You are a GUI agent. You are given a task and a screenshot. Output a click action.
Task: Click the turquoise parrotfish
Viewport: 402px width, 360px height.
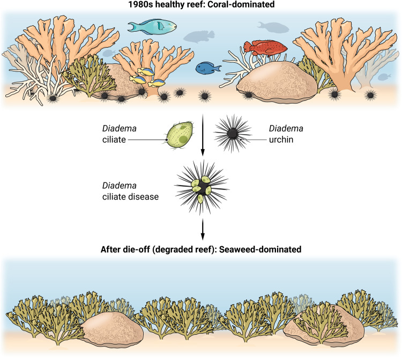coord(152,26)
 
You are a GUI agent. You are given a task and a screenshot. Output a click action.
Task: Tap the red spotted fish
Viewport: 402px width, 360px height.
coord(265,48)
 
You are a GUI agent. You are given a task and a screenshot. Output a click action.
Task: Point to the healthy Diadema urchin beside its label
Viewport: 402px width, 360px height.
coord(233,134)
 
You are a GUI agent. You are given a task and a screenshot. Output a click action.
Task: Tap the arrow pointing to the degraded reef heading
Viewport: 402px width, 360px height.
coord(203,229)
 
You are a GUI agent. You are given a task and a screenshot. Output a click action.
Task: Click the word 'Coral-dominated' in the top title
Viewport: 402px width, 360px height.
coord(241,4)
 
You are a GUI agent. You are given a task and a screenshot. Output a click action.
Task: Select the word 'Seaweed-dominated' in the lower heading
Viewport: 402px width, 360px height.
coord(260,249)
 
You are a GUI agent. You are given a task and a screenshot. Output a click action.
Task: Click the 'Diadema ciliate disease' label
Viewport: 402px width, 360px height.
coord(130,191)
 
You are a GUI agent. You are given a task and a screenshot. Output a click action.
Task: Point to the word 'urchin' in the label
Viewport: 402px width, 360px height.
coord(281,139)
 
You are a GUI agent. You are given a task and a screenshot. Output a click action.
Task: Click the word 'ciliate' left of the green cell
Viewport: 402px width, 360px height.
coord(114,139)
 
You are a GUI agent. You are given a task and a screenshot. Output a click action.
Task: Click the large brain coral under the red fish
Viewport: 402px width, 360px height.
coord(277,83)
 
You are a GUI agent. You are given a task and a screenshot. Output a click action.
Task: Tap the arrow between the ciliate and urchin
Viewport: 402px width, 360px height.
coord(203,135)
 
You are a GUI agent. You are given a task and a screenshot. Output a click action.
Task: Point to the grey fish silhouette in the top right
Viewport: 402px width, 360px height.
coord(273,27)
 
